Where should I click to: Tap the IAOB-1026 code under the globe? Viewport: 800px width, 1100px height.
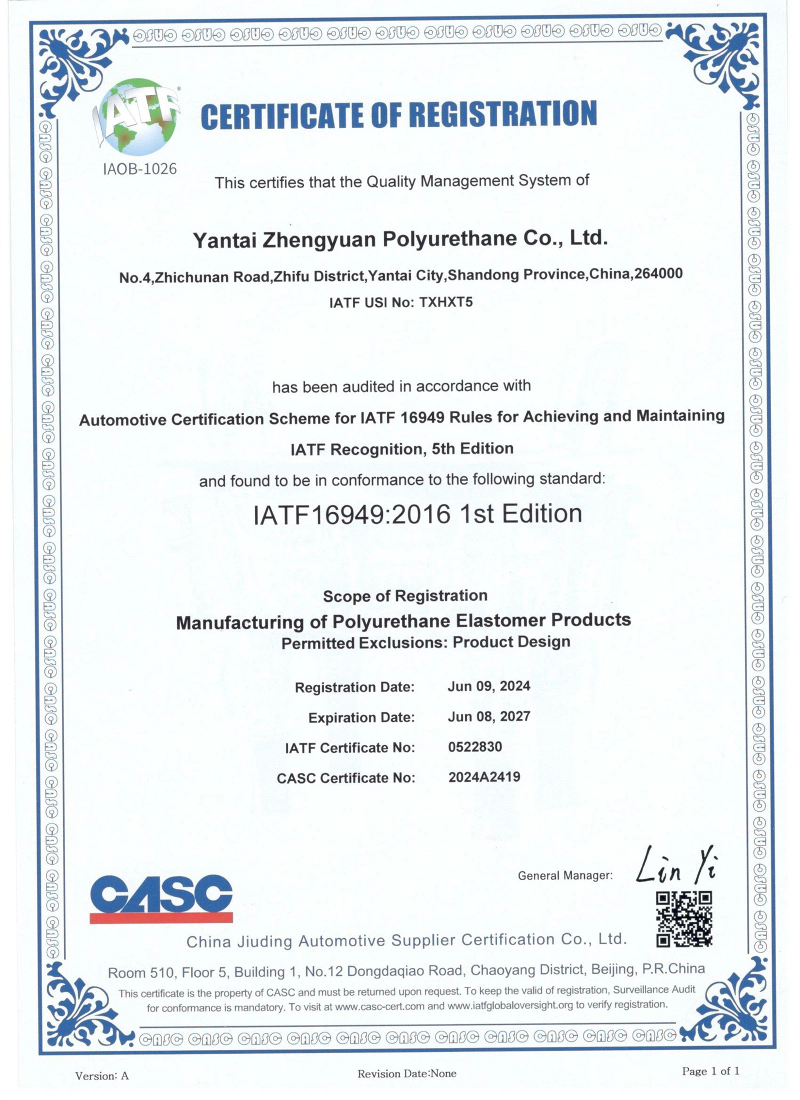point(139,169)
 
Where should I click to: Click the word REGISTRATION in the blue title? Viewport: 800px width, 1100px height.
point(502,114)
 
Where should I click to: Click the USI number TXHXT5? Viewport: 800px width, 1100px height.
point(445,302)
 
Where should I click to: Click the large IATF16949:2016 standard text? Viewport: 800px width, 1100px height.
point(417,514)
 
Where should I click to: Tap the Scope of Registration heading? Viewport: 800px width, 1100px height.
point(405,595)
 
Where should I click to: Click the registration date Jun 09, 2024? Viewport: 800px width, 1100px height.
point(488,686)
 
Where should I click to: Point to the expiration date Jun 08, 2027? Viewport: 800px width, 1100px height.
point(488,716)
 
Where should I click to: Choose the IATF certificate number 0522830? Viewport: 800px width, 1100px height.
point(474,746)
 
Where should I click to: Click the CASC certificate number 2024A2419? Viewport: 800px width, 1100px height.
point(484,776)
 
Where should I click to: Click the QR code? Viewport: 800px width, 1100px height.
point(683,918)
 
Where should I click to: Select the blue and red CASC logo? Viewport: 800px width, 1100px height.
point(161,898)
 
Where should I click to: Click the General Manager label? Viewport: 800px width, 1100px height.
point(565,875)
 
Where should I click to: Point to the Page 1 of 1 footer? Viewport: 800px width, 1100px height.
point(710,1070)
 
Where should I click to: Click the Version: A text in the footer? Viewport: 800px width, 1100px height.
point(102,1075)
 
